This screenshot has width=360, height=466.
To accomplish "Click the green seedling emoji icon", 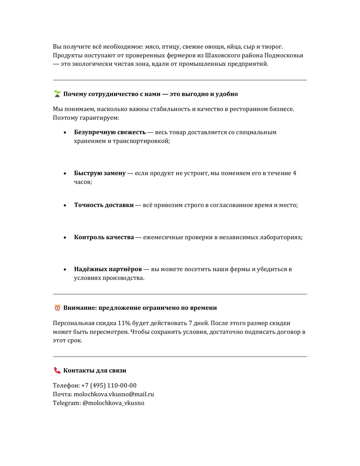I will (x=57, y=94).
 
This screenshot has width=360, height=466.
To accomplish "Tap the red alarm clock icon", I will (x=57, y=308).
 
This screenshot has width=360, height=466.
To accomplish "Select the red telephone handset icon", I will (x=57, y=370).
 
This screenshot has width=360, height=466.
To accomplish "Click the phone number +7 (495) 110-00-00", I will (x=109, y=386).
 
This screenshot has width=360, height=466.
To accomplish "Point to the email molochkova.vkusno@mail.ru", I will (x=114, y=394).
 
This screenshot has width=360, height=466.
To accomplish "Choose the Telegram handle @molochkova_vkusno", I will (x=113, y=403).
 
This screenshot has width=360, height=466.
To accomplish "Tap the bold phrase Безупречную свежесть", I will (x=110, y=132).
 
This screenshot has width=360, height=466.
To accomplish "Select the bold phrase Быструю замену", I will (x=100, y=173).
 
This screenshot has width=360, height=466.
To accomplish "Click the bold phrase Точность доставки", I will (x=104, y=205).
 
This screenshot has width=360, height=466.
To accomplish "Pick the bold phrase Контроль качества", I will (x=104, y=237).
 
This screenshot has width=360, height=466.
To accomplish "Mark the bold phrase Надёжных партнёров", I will (x=108, y=269).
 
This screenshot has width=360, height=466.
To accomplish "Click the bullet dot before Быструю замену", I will (x=65, y=173).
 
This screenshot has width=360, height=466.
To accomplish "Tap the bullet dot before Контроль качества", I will (x=65, y=238).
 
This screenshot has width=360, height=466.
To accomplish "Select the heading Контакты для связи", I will (x=95, y=371).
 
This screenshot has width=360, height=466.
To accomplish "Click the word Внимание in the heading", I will (x=80, y=308).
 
